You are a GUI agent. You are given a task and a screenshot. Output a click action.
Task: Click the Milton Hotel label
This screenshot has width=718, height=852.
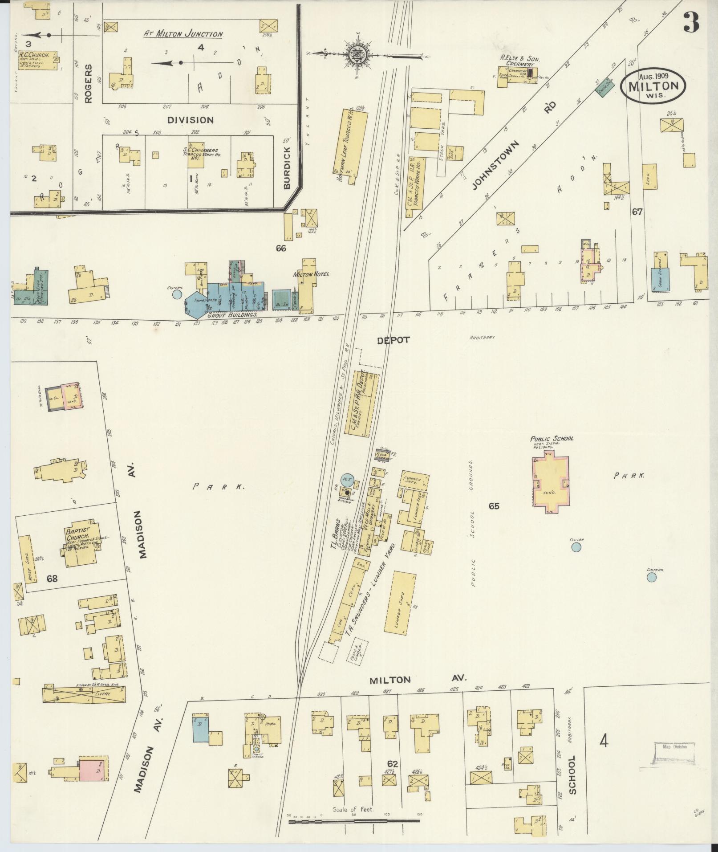311,274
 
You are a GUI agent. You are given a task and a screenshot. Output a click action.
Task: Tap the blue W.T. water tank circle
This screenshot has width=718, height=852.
347,479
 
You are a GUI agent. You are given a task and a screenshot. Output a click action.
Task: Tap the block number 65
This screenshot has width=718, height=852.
494,506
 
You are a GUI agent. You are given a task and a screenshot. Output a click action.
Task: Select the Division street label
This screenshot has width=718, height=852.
191,120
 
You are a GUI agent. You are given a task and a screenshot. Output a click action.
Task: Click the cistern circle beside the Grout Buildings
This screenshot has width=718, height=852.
177,294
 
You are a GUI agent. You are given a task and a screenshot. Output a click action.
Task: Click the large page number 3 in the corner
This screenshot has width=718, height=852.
691,22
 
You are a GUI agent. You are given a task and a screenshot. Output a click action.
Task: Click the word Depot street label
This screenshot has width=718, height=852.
393,340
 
